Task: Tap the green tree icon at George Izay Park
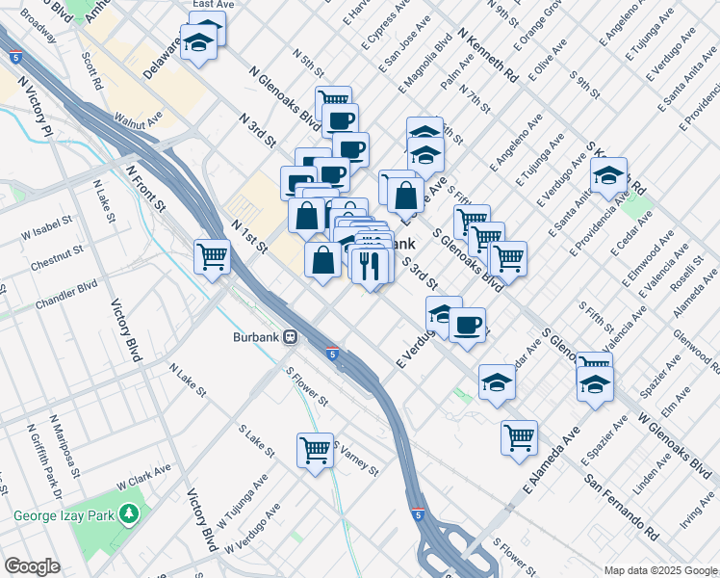(x=129, y=515)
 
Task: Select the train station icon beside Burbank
(x=289, y=338)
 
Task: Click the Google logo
(x=32, y=566)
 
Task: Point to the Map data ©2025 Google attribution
(x=660, y=570)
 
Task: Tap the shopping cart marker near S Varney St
(x=316, y=450)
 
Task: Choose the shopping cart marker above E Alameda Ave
(x=519, y=437)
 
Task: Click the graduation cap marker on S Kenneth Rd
(x=608, y=176)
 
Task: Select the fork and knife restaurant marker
(x=371, y=264)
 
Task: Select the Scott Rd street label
(x=92, y=69)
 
